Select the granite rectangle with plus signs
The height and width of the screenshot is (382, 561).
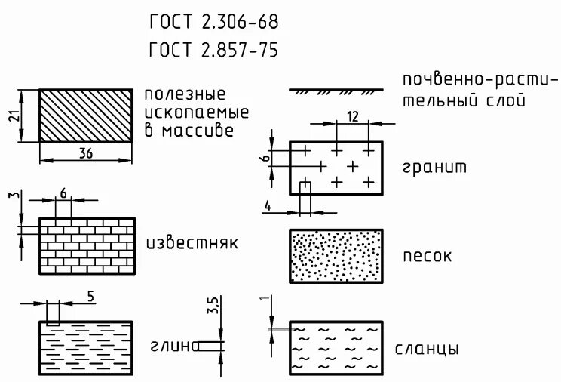(336, 168)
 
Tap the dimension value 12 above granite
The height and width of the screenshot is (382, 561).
(352, 116)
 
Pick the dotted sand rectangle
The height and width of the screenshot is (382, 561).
(336, 257)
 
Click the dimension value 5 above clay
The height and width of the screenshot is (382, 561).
(90, 297)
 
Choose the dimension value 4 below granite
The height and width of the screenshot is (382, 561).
(268, 205)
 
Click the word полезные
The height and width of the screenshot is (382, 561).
(185, 94)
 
